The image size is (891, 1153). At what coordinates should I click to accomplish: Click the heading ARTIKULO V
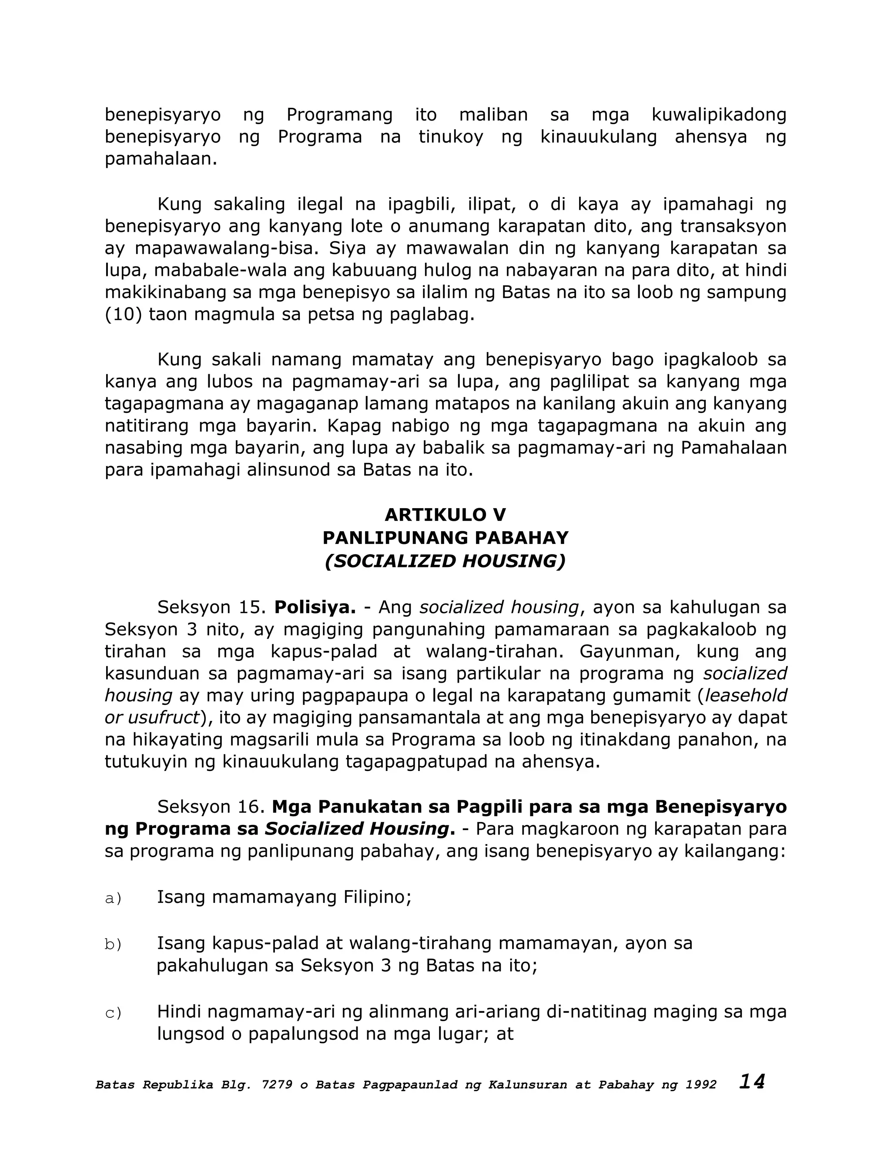(445, 515)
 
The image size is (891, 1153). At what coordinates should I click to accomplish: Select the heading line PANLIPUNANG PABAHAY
(445, 538)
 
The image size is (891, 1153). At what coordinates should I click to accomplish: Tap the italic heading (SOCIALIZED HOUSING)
(445, 561)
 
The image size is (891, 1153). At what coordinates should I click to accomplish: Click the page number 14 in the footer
(752, 1082)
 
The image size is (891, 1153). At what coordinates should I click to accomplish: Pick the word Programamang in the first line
(339, 114)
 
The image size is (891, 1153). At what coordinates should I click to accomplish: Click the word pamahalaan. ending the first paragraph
(161, 159)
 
